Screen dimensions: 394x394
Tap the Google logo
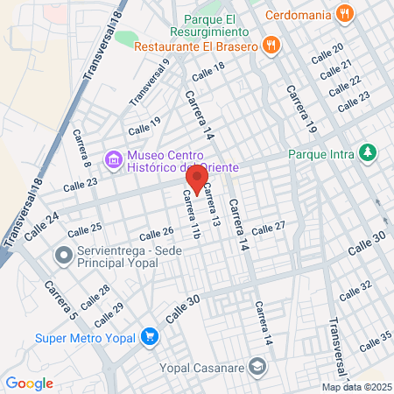pos(30,383)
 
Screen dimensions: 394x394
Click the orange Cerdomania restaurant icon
pos(345,13)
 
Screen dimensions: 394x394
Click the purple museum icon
pos(113,160)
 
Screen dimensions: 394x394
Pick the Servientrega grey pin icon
pos(63,257)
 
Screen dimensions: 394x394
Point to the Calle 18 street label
pos(208,71)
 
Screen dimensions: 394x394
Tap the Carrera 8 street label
pos(82,148)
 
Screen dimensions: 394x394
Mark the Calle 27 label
pos(269,229)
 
